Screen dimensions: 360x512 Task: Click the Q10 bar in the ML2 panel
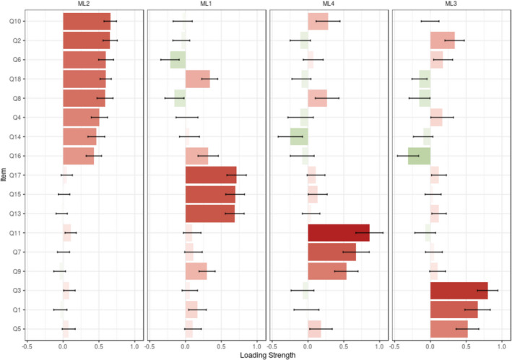point(87,22)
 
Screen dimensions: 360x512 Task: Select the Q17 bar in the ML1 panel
point(211,175)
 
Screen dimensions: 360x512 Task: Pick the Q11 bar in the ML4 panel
point(338,233)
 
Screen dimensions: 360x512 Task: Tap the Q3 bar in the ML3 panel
point(459,291)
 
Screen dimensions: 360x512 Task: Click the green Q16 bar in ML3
point(419,156)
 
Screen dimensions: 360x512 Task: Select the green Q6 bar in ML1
point(178,60)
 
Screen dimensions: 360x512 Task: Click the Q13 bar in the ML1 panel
point(209,214)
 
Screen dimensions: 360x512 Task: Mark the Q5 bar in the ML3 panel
point(449,329)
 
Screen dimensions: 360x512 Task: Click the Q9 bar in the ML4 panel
point(327,271)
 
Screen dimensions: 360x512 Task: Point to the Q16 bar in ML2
point(79,156)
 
